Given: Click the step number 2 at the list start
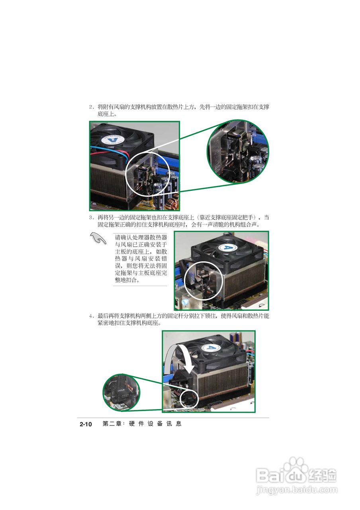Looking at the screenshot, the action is tap(90, 107).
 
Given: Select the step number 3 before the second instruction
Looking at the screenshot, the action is tap(90, 218).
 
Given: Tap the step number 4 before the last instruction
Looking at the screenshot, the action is tap(90, 316).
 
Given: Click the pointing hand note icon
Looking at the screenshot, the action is tap(98, 239).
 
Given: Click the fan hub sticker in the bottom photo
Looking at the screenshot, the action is tap(211, 347).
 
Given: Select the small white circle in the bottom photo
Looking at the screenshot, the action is tap(189, 398).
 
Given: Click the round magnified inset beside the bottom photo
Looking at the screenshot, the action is tap(121, 392).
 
